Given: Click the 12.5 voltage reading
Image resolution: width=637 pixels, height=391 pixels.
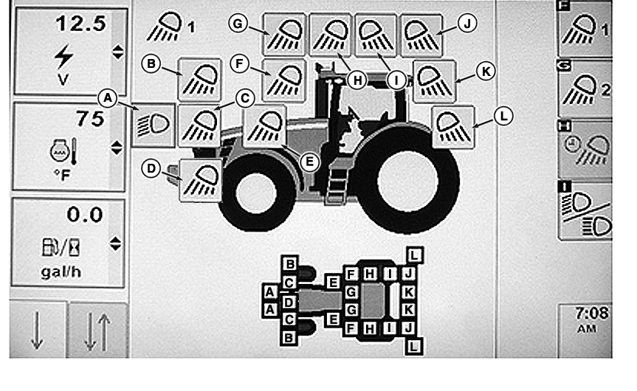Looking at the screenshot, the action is click(81, 24).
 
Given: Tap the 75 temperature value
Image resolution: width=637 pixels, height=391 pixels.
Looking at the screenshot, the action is click(90, 119).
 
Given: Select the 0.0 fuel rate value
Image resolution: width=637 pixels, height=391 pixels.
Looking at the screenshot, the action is click(84, 215).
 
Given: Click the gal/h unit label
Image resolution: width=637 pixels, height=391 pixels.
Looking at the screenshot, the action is click(61, 271).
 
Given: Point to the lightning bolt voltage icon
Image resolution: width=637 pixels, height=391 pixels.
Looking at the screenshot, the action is click(63, 56).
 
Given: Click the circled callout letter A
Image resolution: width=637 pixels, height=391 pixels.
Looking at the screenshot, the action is click(108, 98).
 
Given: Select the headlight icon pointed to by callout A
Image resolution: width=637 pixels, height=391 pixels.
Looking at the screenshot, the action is click(154, 125).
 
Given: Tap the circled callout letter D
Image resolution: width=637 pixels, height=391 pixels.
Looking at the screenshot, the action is click(151, 168).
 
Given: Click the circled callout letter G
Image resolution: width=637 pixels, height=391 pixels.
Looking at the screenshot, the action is click(238, 23).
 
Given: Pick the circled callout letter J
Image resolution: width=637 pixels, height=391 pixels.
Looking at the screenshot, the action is click(467, 24).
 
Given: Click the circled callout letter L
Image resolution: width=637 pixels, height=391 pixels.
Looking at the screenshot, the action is click(503, 116).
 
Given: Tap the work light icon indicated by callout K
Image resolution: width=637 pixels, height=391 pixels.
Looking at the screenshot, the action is click(434, 81).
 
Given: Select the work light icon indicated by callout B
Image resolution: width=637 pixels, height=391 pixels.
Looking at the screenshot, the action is click(199, 80).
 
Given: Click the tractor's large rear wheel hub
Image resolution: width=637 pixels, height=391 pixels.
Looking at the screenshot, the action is click(408, 181).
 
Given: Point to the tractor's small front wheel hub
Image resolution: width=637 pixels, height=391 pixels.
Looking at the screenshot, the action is click(256, 193).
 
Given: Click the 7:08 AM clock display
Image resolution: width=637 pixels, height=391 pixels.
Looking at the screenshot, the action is click(588, 319).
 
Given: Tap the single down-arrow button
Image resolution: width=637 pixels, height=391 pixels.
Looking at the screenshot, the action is click(38, 330).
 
